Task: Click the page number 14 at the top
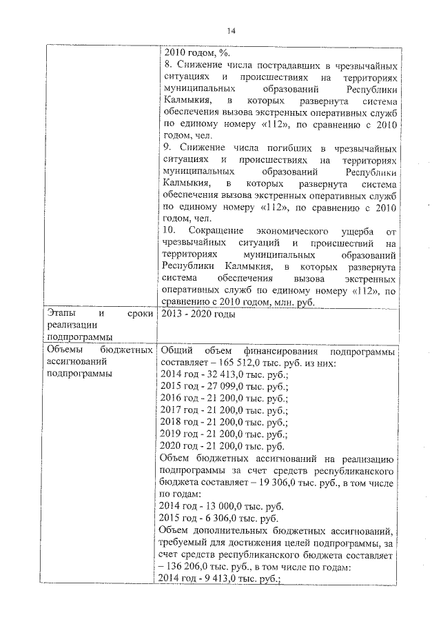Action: tap(230, 31)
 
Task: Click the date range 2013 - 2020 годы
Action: tap(198, 316)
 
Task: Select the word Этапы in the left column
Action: tap(61, 316)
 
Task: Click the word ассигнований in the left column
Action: tap(72, 363)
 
